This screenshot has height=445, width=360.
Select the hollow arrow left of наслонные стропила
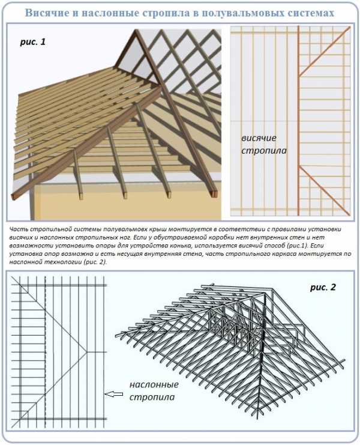click(x=113, y=395)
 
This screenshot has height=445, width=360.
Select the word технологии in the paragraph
click(x=60, y=262)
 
